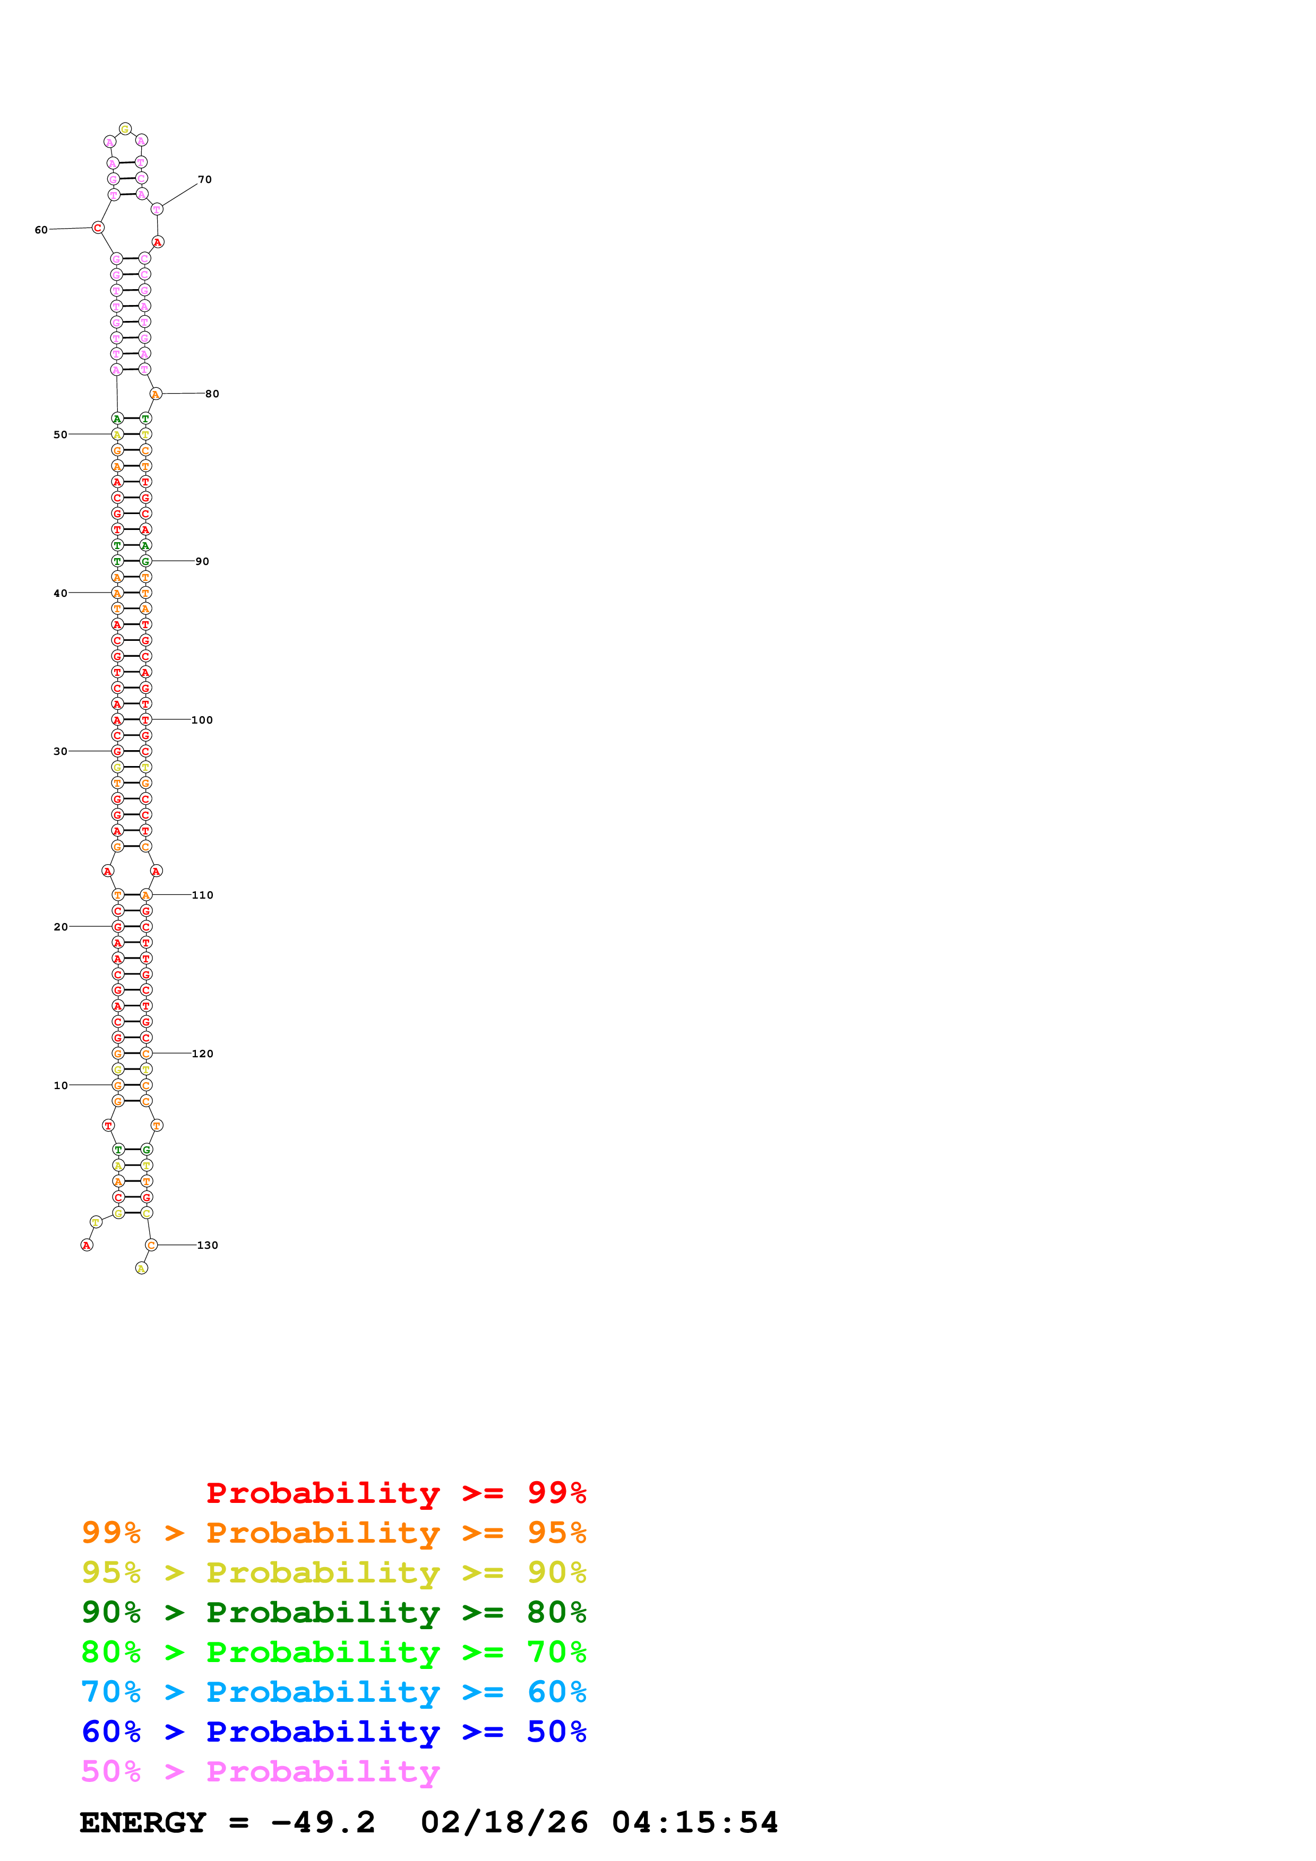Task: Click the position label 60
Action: point(40,230)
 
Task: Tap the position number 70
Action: point(205,180)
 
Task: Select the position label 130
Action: point(208,1245)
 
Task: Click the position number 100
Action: point(202,720)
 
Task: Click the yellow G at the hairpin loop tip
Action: point(125,129)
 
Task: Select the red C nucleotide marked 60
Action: point(98,228)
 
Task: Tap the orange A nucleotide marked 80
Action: point(156,394)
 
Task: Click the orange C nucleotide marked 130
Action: point(151,1245)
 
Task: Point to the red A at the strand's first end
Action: point(87,1245)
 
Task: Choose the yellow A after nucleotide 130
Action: point(142,1268)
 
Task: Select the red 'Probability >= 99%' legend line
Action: point(395,1492)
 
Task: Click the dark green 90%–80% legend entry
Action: point(334,1612)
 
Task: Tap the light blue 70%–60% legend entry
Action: point(334,1692)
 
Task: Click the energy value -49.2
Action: point(323,1822)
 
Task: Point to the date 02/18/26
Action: point(504,1822)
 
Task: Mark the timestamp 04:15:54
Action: point(695,1822)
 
